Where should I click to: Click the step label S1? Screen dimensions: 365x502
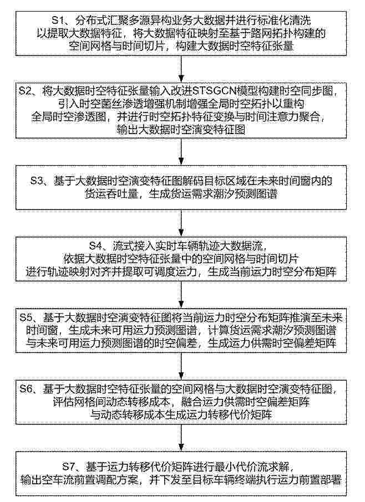(58, 21)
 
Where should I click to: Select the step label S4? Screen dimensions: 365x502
(95, 246)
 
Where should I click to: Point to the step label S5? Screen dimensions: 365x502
(26, 317)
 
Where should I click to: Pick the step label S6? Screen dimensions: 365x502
(26, 389)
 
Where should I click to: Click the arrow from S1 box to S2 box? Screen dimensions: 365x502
(182, 69)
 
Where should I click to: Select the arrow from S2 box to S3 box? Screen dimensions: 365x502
(182, 152)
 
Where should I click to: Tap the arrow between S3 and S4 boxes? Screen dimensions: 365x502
(182, 223)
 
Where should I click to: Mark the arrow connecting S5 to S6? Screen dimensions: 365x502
(182, 366)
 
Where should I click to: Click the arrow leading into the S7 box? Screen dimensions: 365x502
(182, 438)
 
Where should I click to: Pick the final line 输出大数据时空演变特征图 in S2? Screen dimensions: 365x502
(181, 130)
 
